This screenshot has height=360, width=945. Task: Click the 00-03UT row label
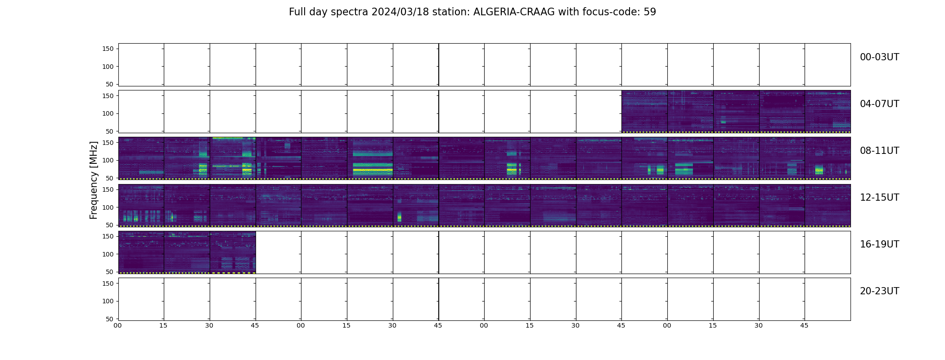click(x=879, y=57)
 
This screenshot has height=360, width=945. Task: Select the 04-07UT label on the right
click(x=879, y=104)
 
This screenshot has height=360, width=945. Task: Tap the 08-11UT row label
click(x=879, y=151)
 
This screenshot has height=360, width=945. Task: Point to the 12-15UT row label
click(x=879, y=198)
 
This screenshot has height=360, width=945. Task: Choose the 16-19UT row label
click(x=879, y=244)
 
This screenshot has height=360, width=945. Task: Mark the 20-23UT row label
click(x=879, y=291)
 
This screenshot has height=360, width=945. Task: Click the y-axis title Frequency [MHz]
click(x=94, y=180)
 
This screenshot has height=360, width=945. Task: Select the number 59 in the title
click(x=650, y=12)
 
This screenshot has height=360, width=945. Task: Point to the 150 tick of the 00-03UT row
click(x=108, y=49)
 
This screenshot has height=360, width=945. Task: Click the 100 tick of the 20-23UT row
click(x=108, y=301)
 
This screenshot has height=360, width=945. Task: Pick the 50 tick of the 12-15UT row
click(x=110, y=225)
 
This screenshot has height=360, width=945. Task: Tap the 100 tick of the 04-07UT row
click(x=108, y=113)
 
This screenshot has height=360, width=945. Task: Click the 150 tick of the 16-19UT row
click(x=108, y=236)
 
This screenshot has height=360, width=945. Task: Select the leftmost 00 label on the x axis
click(x=117, y=325)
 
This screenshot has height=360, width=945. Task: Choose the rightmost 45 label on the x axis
click(x=804, y=325)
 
